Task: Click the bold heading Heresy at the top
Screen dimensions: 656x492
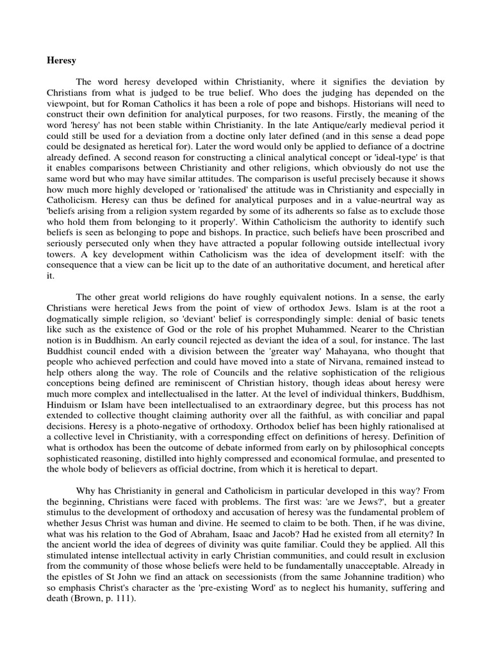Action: pyautogui.click(x=61, y=61)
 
